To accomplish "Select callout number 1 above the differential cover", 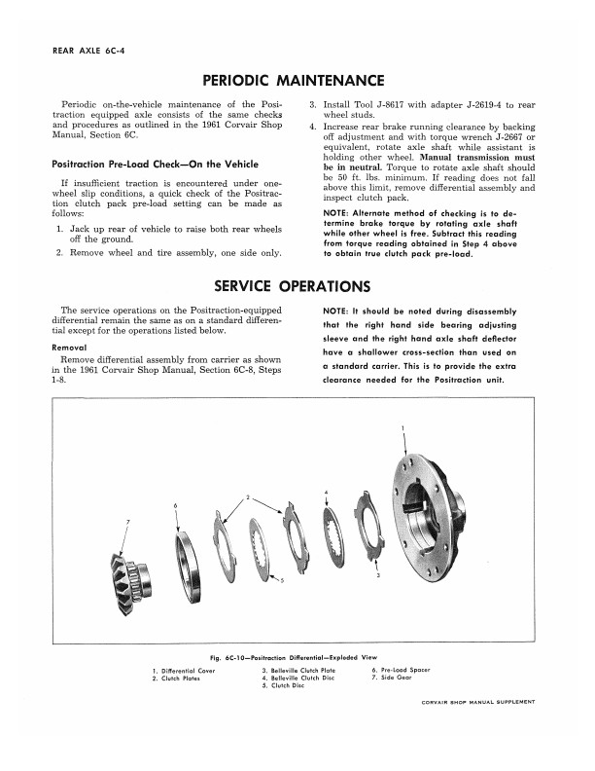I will (403, 428).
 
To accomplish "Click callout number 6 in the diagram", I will (174, 505).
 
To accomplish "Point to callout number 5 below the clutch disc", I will (282, 583).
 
